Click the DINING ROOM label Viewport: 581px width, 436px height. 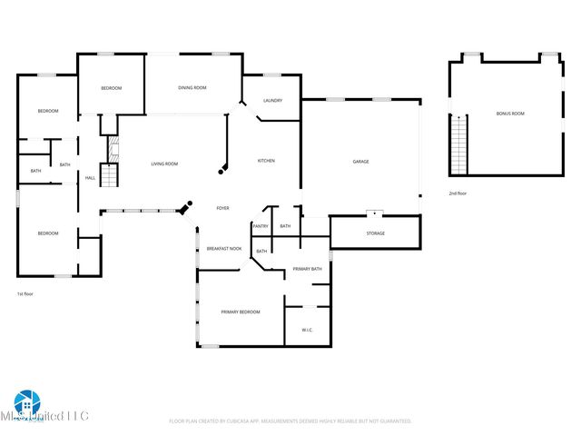192,88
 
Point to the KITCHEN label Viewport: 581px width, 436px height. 266,161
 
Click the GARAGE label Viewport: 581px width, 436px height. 360,162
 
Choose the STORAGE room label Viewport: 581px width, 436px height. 375,233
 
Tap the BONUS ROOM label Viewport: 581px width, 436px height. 510,114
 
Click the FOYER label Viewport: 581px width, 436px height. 222,208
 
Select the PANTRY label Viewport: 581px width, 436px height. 261,226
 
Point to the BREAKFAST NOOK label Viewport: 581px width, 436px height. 223,249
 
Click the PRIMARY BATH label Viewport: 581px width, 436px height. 307,269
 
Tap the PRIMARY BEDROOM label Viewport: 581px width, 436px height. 241,312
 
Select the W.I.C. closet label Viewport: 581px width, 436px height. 307,330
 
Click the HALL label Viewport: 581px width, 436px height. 91,178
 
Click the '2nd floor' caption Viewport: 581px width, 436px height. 458,193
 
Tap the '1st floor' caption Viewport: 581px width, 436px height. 26,293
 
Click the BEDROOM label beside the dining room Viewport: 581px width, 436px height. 111,88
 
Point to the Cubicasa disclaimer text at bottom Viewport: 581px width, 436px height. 290,421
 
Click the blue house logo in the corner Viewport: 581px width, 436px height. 26,402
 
